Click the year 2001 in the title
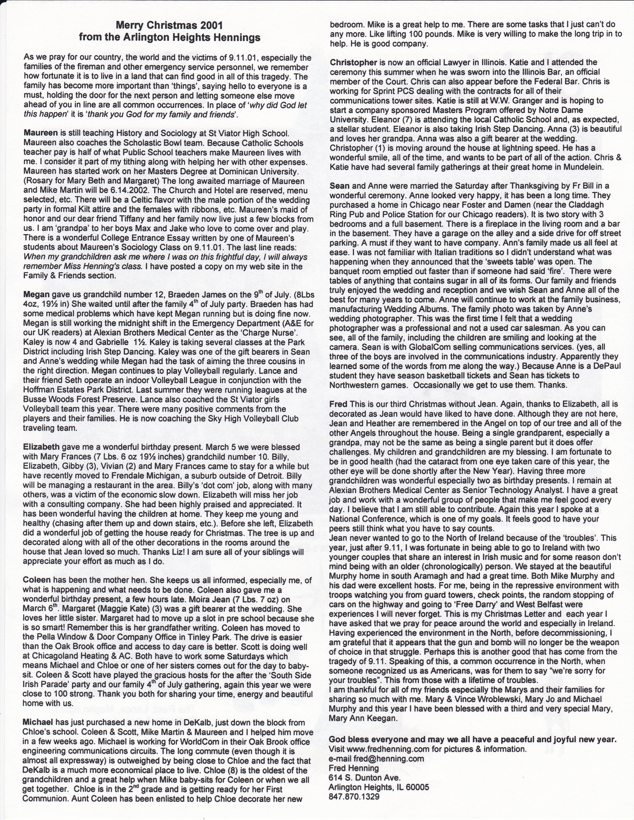coord(211,26)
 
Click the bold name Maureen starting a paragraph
coord(41,133)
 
